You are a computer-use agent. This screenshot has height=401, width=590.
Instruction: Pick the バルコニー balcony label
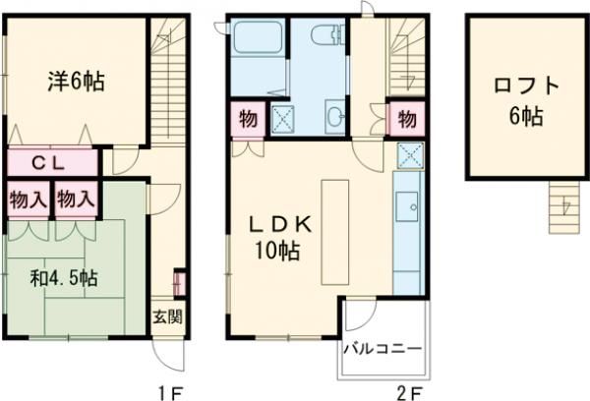point(383,349)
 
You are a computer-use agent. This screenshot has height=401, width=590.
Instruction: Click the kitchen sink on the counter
point(406,207)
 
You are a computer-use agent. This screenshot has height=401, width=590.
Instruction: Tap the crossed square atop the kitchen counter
point(408,155)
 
